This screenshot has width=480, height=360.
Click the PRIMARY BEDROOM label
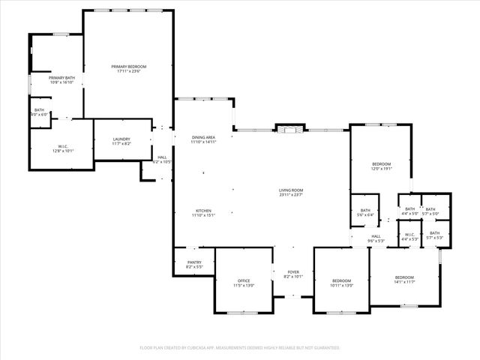pyautogui.click(x=129, y=69)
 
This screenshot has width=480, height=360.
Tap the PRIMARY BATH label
pyautogui.click(x=61, y=80)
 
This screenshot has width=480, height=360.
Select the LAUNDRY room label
pyautogui.click(x=121, y=141)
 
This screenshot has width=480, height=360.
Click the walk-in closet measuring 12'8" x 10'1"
pyautogui.click(x=63, y=148)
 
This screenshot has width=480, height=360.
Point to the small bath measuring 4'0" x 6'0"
pyautogui.click(x=40, y=112)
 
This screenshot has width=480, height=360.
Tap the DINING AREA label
pyautogui.click(x=203, y=139)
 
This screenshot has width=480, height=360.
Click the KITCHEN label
pyautogui.click(x=204, y=213)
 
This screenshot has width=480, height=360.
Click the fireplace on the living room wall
pyautogui.click(x=289, y=129)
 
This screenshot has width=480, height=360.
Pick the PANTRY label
pyautogui.click(x=193, y=264)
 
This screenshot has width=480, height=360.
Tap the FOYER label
pyautogui.click(x=292, y=274)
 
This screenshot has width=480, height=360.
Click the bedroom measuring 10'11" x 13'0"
pyautogui.click(x=341, y=283)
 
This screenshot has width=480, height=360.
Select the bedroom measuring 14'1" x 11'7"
pyautogui.click(x=404, y=280)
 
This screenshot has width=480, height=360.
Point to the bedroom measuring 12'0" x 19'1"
pyautogui.click(x=381, y=166)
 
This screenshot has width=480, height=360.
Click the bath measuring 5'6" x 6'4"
pyautogui.click(x=366, y=212)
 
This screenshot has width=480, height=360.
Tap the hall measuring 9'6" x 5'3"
pyautogui.click(x=376, y=239)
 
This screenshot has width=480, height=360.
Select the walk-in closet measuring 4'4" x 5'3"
pyautogui.click(x=409, y=236)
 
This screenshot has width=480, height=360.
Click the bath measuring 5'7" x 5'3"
pyautogui.click(x=435, y=235)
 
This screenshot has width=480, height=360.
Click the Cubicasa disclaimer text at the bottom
pyautogui.click(x=240, y=348)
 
